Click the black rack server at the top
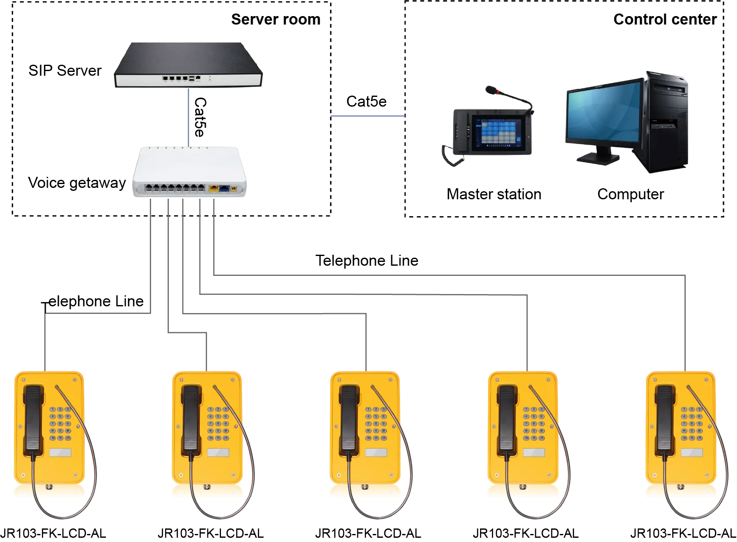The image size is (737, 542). point(188,63)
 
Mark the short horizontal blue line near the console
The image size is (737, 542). point(367,116)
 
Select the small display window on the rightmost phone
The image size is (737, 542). point(691,452)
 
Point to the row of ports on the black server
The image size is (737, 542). point(175,79)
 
